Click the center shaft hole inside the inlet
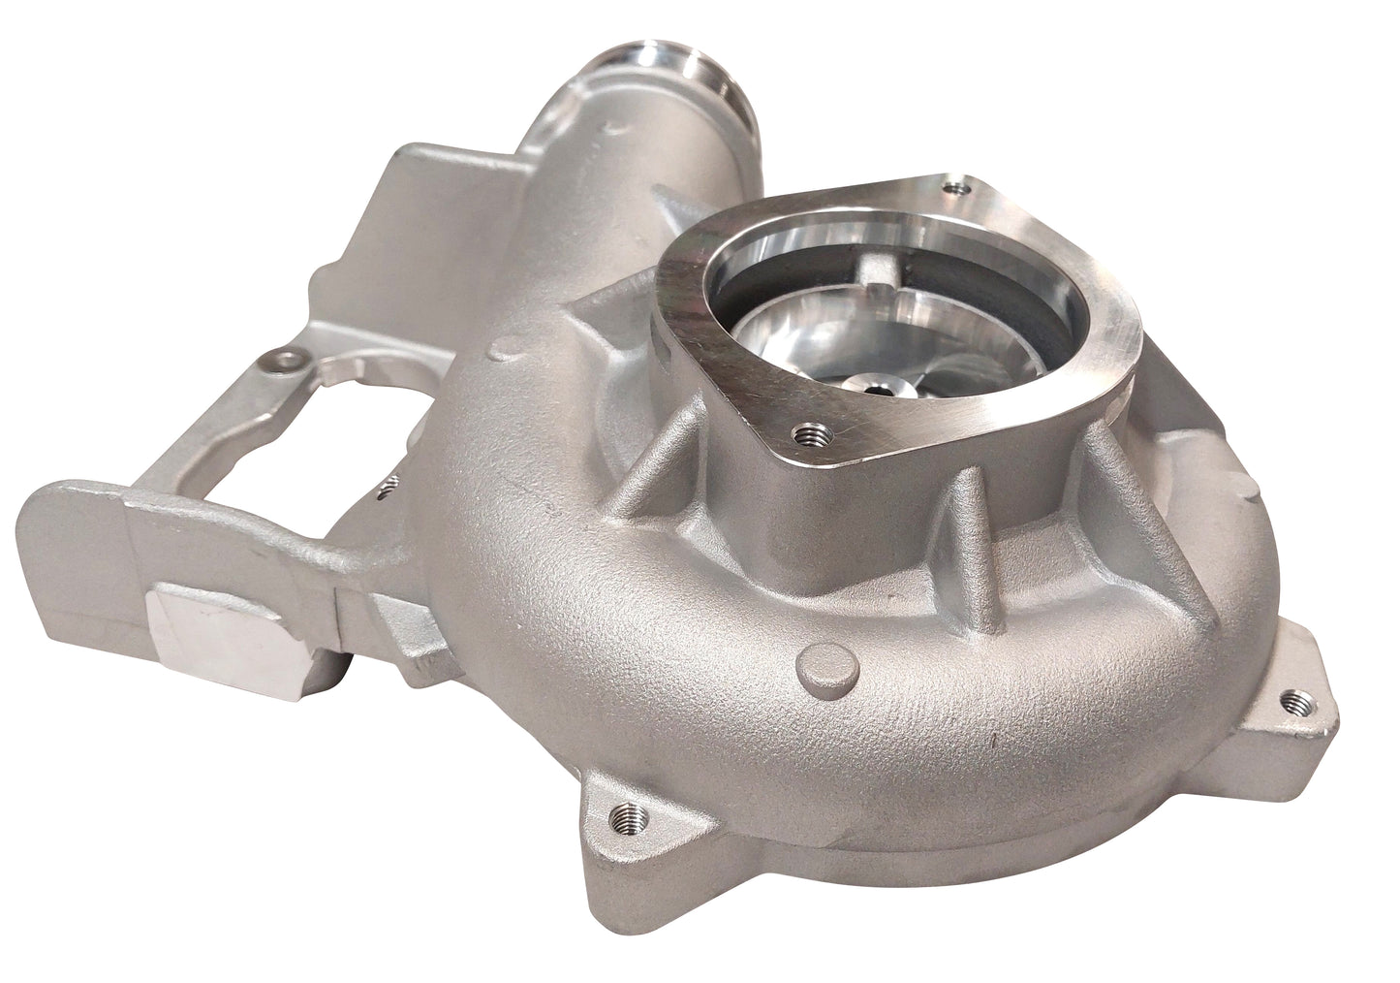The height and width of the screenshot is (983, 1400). (877, 387)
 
